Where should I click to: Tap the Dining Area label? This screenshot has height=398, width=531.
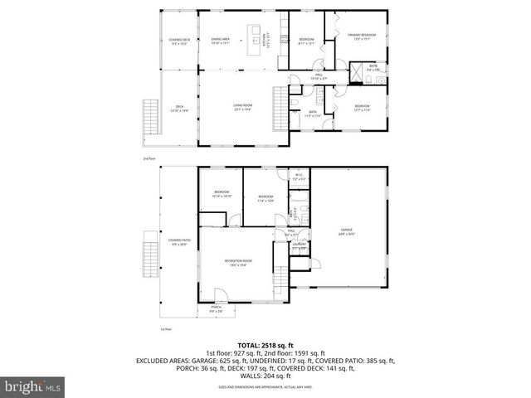click(x=220, y=41)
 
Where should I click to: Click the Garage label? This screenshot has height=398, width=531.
click(x=346, y=233)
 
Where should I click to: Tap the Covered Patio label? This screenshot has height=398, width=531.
click(x=180, y=243)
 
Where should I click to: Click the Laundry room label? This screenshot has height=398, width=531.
click(x=296, y=246)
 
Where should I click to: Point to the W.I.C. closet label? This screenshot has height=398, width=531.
click(x=300, y=177)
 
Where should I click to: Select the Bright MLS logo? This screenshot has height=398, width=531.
click(x=34, y=386)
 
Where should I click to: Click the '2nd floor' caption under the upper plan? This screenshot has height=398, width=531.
click(x=149, y=158)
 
